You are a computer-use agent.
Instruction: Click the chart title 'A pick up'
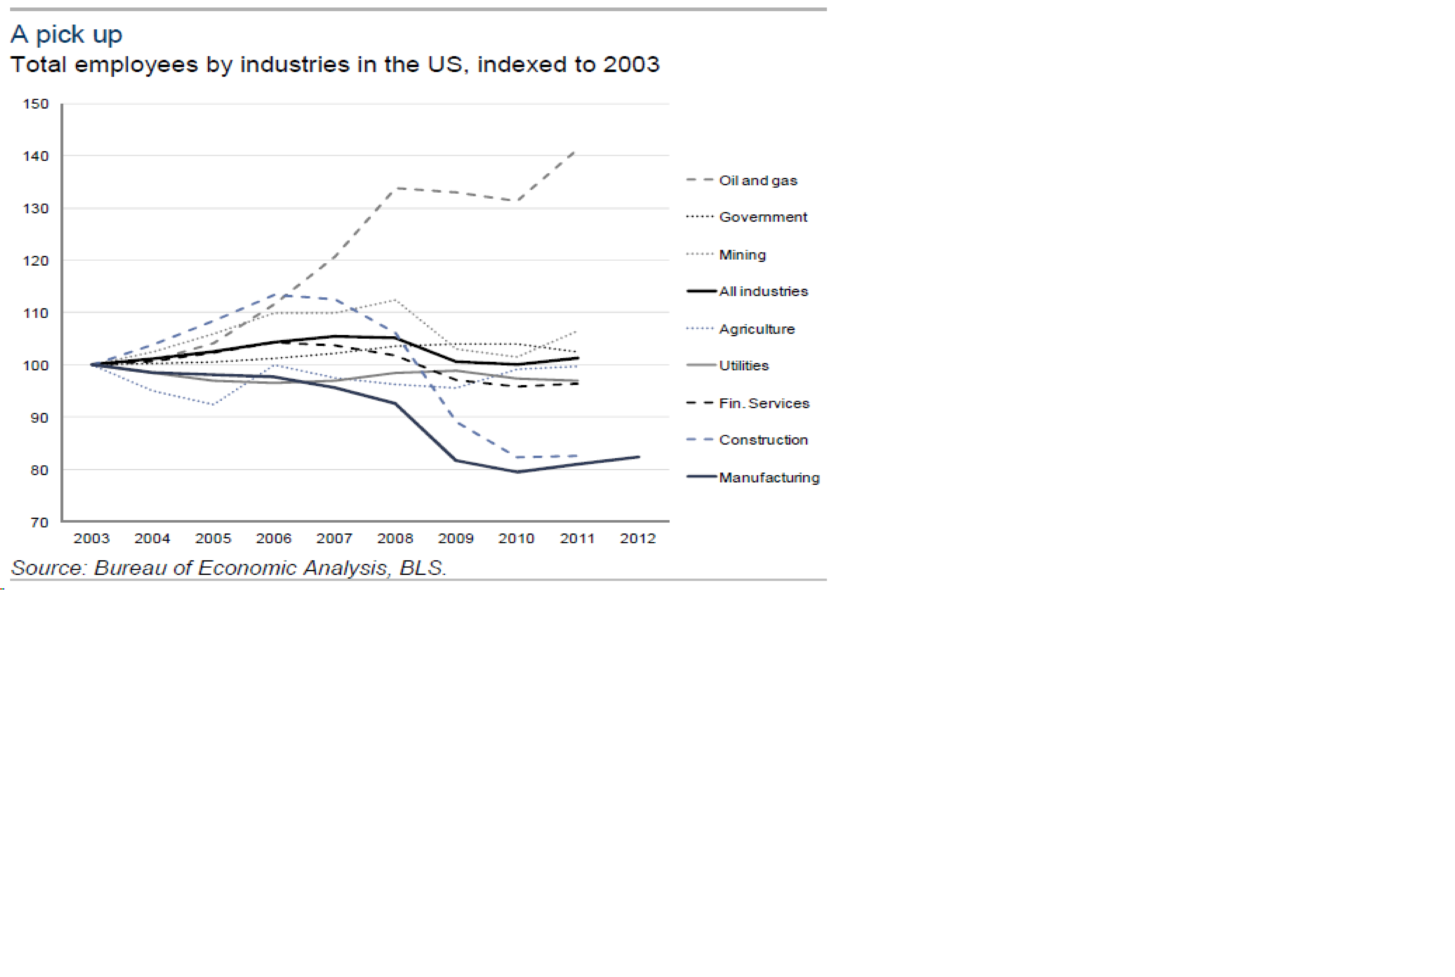66,34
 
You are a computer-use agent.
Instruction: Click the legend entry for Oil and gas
757,181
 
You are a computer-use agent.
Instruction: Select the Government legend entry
762,217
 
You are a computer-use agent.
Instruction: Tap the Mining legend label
742,255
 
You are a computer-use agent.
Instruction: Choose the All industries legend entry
763,292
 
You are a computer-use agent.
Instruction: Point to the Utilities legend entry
744,366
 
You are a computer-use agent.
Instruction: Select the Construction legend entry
763,440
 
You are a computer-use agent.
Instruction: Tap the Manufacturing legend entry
769,478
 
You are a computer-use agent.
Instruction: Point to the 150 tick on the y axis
36,104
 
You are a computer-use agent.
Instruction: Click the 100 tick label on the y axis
36,366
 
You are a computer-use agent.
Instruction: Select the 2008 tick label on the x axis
395,538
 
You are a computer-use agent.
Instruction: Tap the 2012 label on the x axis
637,538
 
